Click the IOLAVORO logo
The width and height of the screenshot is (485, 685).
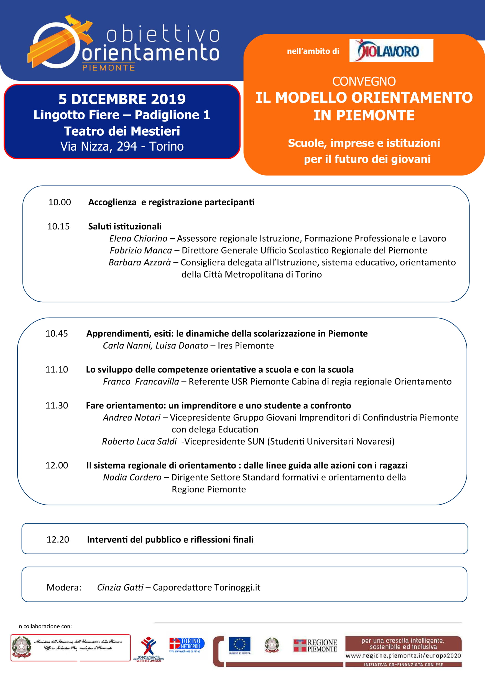click(391, 51)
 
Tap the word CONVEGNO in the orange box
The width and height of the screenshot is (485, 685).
click(364, 81)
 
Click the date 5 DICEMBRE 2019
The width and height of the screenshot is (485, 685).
click(122, 99)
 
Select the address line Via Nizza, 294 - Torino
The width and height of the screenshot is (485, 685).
click(122, 146)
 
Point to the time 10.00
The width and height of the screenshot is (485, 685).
click(60, 202)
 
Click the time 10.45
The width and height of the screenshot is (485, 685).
click(57, 334)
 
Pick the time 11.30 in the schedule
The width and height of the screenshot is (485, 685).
click(57, 405)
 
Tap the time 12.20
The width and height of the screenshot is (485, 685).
click(58, 539)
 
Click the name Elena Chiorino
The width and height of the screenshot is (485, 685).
click(138, 238)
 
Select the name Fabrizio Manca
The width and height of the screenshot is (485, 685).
click(141, 250)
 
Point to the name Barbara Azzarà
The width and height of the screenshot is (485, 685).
click(140, 262)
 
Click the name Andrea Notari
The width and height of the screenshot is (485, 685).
click(131, 417)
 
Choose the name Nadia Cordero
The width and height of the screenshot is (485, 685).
click(132, 477)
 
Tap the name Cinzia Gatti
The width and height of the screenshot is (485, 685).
click(120, 588)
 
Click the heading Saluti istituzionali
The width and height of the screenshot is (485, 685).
click(125, 226)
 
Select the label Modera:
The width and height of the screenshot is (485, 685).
click(64, 588)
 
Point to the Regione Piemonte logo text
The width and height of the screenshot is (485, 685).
click(322, 646)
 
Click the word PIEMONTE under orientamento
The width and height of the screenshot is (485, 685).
click(108, 68)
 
